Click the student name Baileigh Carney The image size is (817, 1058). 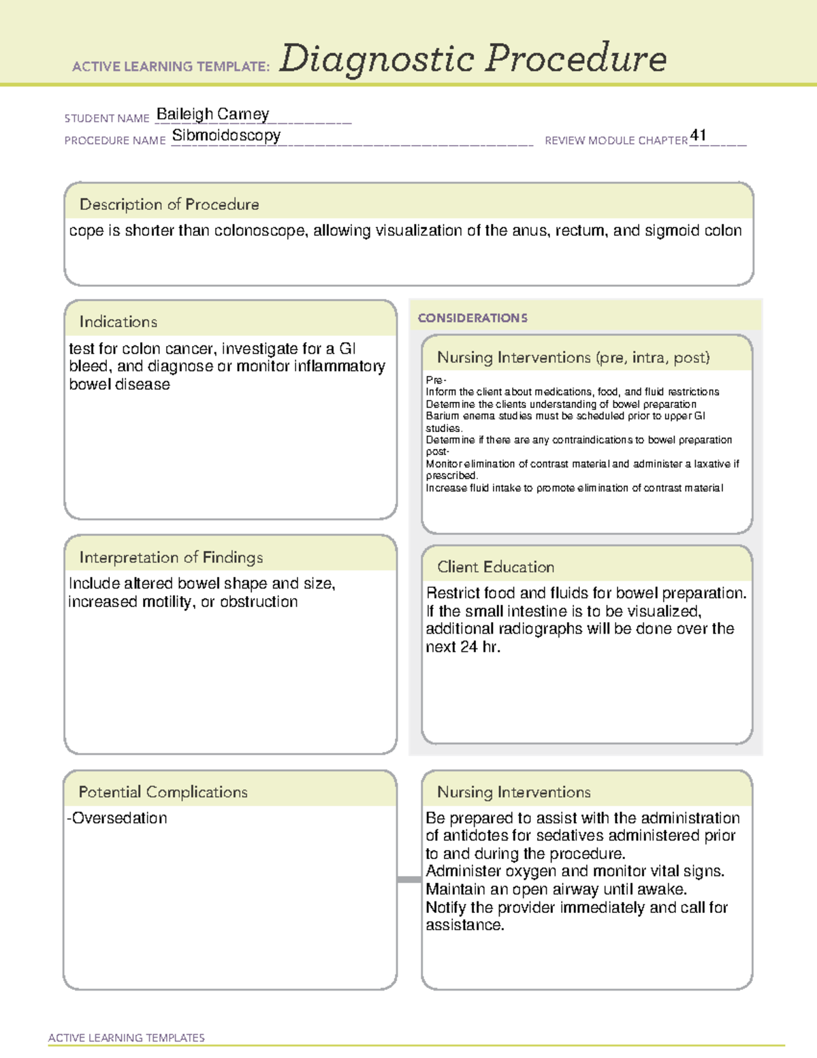click(212, 114)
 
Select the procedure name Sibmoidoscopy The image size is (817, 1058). click(226, 135)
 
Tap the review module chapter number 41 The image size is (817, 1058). click(698, 135)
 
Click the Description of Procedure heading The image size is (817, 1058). click(169, 204)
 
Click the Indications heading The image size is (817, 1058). click(118, 322)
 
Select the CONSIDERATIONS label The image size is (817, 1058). click(472, 318)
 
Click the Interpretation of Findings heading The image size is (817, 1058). click(171, 557)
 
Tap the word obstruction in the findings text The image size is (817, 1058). click(259, 602)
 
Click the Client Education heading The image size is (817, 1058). click(496, 567)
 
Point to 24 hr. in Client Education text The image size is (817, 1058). click(479, 647)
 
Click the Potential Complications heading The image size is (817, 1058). click(163, 792)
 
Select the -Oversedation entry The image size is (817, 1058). click(117, 818)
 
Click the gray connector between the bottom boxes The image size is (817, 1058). click(408, 880)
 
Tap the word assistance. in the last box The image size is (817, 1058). click(465, 925)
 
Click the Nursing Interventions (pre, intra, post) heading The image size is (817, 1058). click(573, 358)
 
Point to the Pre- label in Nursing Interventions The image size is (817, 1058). click(436, 380)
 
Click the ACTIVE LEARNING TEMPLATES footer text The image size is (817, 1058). click(127, 1038)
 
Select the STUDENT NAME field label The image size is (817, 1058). click(107, 119)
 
